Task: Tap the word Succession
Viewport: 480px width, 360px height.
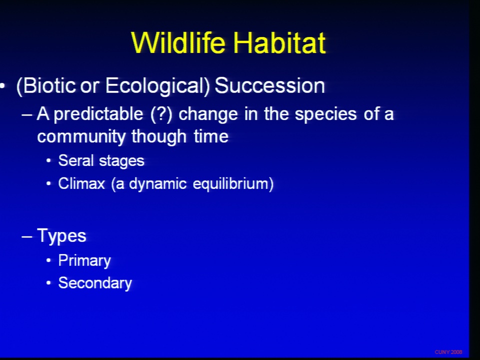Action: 269,85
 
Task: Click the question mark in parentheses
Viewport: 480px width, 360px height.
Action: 161,114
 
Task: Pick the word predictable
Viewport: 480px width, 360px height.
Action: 98,114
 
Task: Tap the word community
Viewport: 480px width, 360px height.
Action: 81,137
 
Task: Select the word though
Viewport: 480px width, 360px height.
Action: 159,136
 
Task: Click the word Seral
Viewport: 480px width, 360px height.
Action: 75,160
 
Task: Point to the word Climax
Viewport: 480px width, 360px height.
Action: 81,183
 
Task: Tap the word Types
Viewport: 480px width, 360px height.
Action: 61,236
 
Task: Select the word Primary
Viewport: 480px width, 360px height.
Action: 84,261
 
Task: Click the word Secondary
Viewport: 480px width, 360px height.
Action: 95,283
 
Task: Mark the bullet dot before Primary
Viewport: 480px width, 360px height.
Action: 48,261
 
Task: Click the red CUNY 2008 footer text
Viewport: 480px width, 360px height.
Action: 448,352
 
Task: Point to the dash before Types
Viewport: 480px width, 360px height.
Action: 27,236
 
